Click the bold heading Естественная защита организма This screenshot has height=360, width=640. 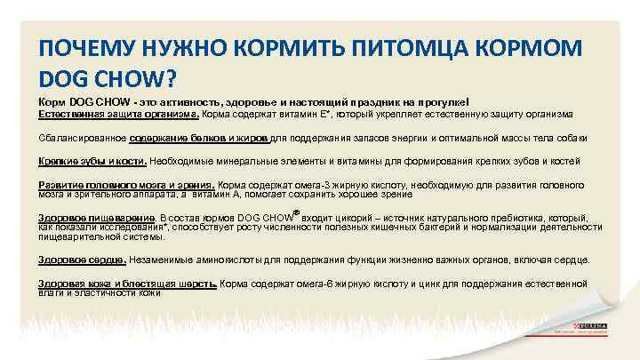coord(119,115)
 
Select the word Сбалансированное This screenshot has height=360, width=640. coord(82,139)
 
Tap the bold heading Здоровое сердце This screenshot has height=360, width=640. coord(82,260)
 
